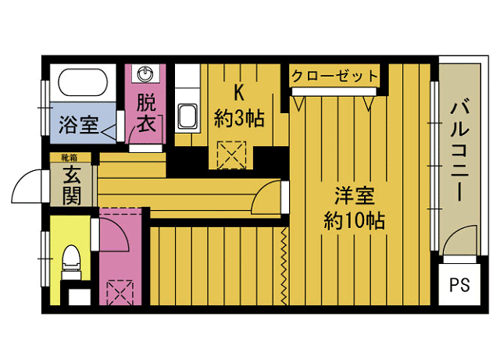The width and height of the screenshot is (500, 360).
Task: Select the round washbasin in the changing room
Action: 145,75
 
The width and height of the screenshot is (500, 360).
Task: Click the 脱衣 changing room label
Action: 145,113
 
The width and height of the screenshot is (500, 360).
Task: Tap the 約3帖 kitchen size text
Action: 239,119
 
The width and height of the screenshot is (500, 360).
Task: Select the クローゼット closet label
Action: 334,77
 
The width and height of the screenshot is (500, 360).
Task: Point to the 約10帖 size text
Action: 354,220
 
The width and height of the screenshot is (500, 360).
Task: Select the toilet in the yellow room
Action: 70,260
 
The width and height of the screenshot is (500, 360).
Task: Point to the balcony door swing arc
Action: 459,237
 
